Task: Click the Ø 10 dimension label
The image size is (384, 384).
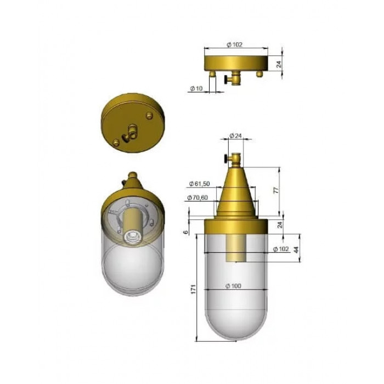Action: click(x=196, y=88)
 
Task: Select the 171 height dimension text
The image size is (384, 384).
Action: click(x=194, y=289)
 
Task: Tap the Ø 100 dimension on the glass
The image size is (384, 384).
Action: click(x=233, y=286)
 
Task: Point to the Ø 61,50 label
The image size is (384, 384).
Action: click(x=200, y=183)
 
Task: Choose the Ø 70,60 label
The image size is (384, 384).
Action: click(x=197, y=197)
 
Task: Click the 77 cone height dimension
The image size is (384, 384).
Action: click(x=276, y=190)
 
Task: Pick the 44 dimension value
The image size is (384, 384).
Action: click(x=296, y=250)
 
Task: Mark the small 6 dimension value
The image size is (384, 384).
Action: click(x=186, y=231)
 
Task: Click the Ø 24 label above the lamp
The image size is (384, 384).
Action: click(x=235, y=135)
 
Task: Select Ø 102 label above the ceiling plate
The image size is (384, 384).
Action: click(x=235, y=44)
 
